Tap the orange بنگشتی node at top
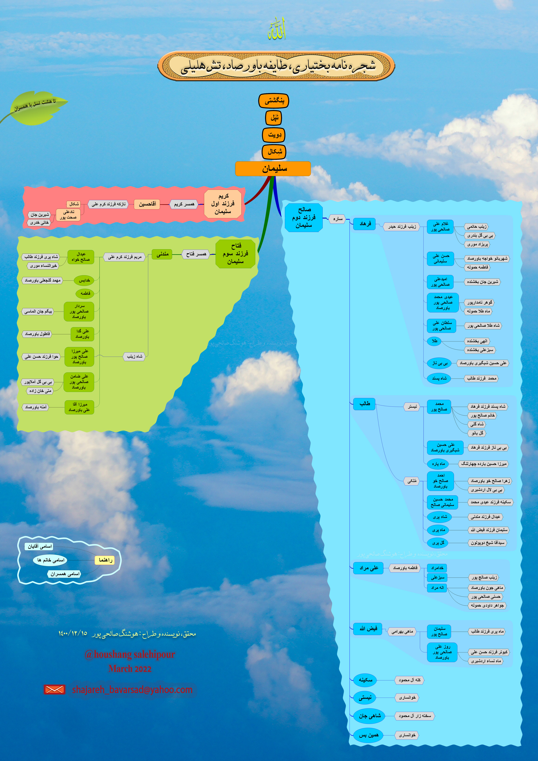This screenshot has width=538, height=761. pyautogui.click(x=274, y=101)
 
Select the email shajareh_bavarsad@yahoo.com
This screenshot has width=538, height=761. pyautogui.click(x=132, y=690)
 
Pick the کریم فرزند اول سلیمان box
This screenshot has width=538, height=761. pyautogui.click(x=223, y=204)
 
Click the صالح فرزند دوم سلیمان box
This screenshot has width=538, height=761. pyautogui.click(x=304, y=217)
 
